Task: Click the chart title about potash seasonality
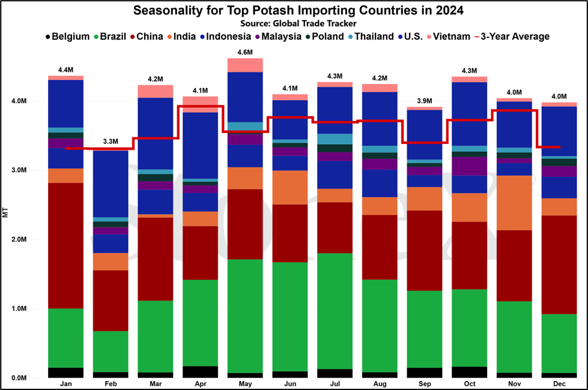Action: (x=298, y=10)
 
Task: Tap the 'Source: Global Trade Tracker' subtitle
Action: (x=298, y=23)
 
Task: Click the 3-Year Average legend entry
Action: (x=512, y=37)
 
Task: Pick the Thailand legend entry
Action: (x=371, y=37)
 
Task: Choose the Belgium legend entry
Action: (x=67, y=37)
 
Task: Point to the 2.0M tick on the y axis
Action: (x=19, y=239)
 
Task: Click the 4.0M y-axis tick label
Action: (x=19, y=101)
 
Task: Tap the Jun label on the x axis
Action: (x=290, y=383)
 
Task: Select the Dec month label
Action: (x=559, y=383)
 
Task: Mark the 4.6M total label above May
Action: (x=245, y=52)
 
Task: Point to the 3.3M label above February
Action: (x=111, y=142)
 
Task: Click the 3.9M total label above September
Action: (x=425, y=101)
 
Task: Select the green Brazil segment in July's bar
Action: (x=335, y=311)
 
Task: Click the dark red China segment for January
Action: (x=65, y=246)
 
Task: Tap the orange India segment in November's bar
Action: (x=514, y=203)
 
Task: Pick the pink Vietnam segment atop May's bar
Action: (x=245, y=65)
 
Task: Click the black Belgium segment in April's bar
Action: (x=200, y=372)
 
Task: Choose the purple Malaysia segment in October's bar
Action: (x=470, y=166)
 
